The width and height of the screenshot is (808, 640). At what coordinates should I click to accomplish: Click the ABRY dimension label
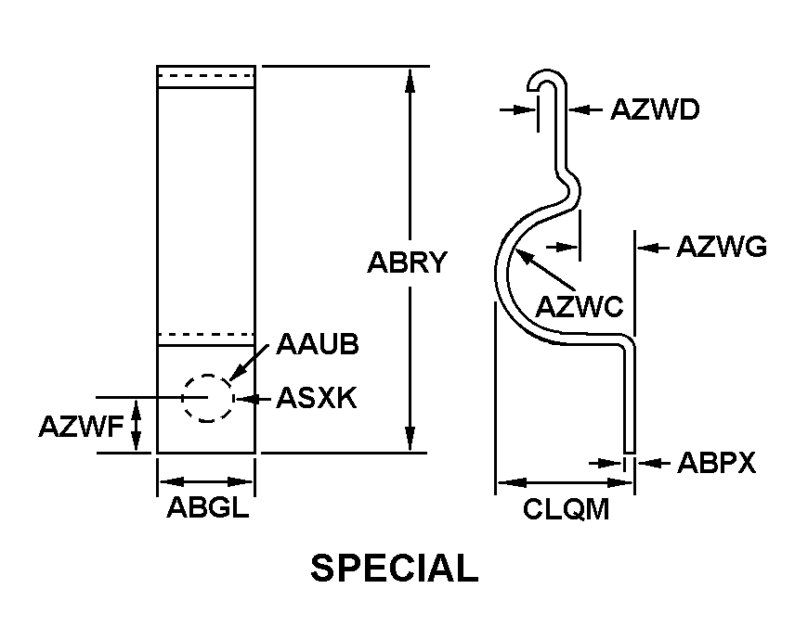408,262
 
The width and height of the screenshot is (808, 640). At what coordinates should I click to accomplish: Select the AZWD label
654,109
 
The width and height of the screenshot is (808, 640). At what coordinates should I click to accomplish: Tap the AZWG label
721,248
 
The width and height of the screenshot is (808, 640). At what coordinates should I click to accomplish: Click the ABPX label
716,463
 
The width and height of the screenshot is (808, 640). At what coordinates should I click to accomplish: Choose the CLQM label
567,508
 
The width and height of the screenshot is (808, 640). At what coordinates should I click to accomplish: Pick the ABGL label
207,508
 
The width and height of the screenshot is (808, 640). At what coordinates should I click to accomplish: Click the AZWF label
81,427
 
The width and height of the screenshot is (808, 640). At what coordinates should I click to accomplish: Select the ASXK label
317,399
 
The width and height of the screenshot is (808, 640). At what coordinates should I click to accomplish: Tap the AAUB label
318,344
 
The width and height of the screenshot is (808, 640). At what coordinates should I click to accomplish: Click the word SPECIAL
394,569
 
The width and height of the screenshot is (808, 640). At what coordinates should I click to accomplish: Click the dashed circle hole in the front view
206,398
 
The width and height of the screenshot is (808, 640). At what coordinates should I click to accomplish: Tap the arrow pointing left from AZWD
580,109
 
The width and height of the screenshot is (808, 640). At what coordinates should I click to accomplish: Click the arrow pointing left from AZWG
650,248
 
